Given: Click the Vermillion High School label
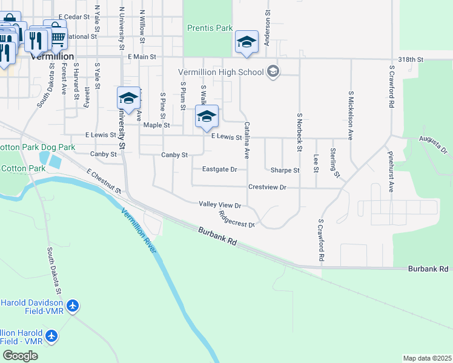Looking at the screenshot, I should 221,73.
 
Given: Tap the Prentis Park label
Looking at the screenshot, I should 210,28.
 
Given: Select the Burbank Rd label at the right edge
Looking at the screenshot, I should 428,268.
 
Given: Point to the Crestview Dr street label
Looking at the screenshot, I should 266,188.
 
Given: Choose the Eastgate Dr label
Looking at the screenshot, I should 219,170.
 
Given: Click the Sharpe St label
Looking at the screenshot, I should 285,171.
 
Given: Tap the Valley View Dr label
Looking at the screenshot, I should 220,205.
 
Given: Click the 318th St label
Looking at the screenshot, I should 411,60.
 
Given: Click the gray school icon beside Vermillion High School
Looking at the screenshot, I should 273,72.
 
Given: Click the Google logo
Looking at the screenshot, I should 20,356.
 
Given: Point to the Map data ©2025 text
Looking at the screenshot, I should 427,358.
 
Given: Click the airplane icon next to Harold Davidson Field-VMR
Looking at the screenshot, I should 73,306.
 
